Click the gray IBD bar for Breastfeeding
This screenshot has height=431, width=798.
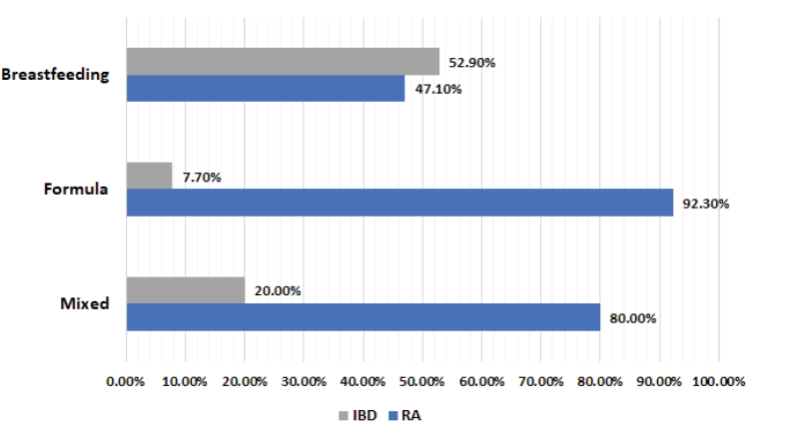tap(283, 62)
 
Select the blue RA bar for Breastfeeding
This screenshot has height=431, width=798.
tap(266, 88)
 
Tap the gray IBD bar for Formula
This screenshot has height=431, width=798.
tap(149, 177)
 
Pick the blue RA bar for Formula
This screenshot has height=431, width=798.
tap(399, 203)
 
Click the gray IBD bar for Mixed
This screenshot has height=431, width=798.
tap(186, 290)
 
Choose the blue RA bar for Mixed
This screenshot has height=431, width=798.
tap(363, 316)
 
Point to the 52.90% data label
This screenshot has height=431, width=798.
tap(472, 63)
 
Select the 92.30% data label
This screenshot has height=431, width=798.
tap(706, 204)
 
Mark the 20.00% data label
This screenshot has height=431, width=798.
tap(278, 291)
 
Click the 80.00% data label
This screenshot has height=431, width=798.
tap(632, 317)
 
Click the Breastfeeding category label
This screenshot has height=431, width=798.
tap(55, 75)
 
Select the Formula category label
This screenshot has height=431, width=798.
tap(76, 190)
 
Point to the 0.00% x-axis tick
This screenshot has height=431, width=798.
tap(126, 381)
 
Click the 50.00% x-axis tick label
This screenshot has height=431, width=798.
tap(422, 381)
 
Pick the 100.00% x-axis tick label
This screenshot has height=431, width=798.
tap(718, 381)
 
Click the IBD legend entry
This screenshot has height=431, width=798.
tap(357, 414)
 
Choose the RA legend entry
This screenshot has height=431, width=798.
tap(404, 414)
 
